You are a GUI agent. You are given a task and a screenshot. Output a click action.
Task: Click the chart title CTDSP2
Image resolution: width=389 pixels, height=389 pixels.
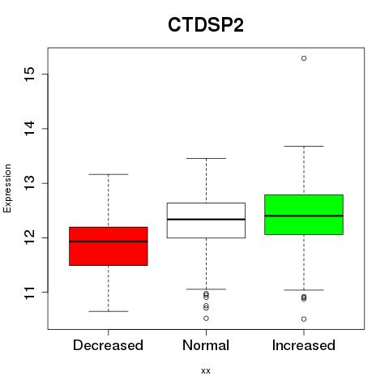tap(206, 25)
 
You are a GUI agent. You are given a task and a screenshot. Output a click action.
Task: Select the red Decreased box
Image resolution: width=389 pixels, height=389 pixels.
tap(109, 246)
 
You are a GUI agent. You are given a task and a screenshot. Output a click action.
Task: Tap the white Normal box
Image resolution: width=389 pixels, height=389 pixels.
tap(206, 220)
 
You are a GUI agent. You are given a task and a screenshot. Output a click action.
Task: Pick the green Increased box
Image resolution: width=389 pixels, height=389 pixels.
tap(304, 215)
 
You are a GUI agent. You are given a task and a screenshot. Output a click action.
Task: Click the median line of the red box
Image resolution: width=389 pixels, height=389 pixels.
tap(109, 242)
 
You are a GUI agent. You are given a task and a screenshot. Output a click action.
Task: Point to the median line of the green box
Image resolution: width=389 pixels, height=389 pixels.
tap(304, 216)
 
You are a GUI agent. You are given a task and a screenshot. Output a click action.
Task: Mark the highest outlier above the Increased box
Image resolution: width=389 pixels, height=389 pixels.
tap(304, 58)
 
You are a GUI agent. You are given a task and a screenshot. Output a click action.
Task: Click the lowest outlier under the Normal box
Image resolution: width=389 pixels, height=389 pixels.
tap(206, 318)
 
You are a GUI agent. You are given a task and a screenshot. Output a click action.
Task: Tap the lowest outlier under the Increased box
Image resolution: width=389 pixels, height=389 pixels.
tap(304, 319)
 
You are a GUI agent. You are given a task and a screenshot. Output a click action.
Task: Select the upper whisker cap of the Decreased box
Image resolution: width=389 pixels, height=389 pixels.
tap(109, 174)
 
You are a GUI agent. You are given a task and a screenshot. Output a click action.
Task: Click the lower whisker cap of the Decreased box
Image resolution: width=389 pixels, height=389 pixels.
tap(109, 311)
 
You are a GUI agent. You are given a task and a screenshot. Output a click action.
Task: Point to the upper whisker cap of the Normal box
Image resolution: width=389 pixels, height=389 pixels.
tap(206, 158)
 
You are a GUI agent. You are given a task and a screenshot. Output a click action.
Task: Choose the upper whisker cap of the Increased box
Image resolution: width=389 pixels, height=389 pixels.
tap(304, 146)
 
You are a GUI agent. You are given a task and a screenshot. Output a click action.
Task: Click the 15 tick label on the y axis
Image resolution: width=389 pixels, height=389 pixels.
tap(30, 74)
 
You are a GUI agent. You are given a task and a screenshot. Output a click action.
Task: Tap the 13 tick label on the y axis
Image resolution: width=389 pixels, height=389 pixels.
tap(30, 183)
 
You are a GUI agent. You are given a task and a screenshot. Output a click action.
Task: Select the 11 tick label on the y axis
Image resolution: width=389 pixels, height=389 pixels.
tap(30, 293)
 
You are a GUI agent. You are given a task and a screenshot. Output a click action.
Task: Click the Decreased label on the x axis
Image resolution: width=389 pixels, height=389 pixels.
tap(108, 345)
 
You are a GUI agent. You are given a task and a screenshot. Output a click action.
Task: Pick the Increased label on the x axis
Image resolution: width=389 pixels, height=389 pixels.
tap(304, 345)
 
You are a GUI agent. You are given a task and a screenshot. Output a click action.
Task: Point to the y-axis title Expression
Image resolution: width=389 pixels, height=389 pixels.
tap(7, 188)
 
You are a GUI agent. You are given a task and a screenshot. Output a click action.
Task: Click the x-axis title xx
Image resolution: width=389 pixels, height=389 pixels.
tap(206, 371)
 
